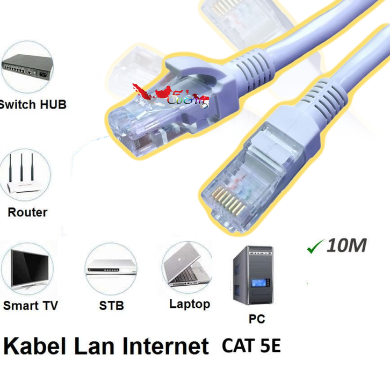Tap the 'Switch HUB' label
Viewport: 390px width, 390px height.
[x=33, y=104]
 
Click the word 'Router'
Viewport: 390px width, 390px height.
[x=27, y=212]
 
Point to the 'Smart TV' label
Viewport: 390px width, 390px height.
[x=30, y=306]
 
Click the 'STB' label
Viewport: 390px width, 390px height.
[x=112, y=306]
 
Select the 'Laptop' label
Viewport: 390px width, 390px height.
[x=189, y=304]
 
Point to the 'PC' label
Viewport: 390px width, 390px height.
[x=257, y=319]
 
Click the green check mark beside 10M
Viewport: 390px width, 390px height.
[x=313, y=247]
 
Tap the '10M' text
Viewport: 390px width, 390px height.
[x=346, y=246]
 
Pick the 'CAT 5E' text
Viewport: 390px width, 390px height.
[x=251, y=344]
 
